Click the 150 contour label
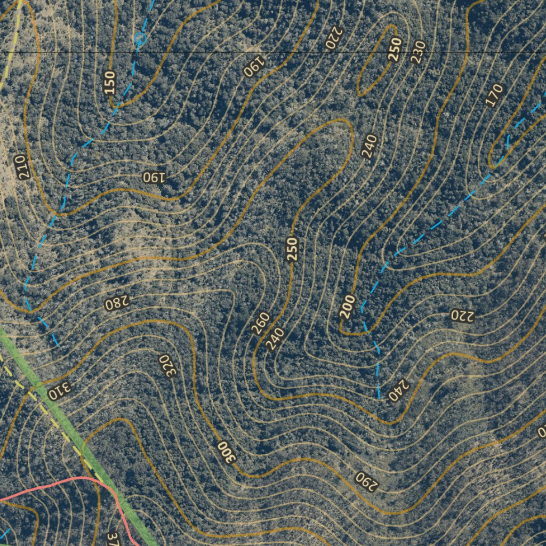109,83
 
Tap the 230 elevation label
418,52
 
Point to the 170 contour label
495,95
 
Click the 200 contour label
347,307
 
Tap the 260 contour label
261,324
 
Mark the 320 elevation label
168,365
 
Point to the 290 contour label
366,480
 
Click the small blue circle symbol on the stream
140,38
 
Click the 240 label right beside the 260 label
275,339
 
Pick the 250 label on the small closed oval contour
395,50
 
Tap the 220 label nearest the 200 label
462,315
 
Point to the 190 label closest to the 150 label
154,176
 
